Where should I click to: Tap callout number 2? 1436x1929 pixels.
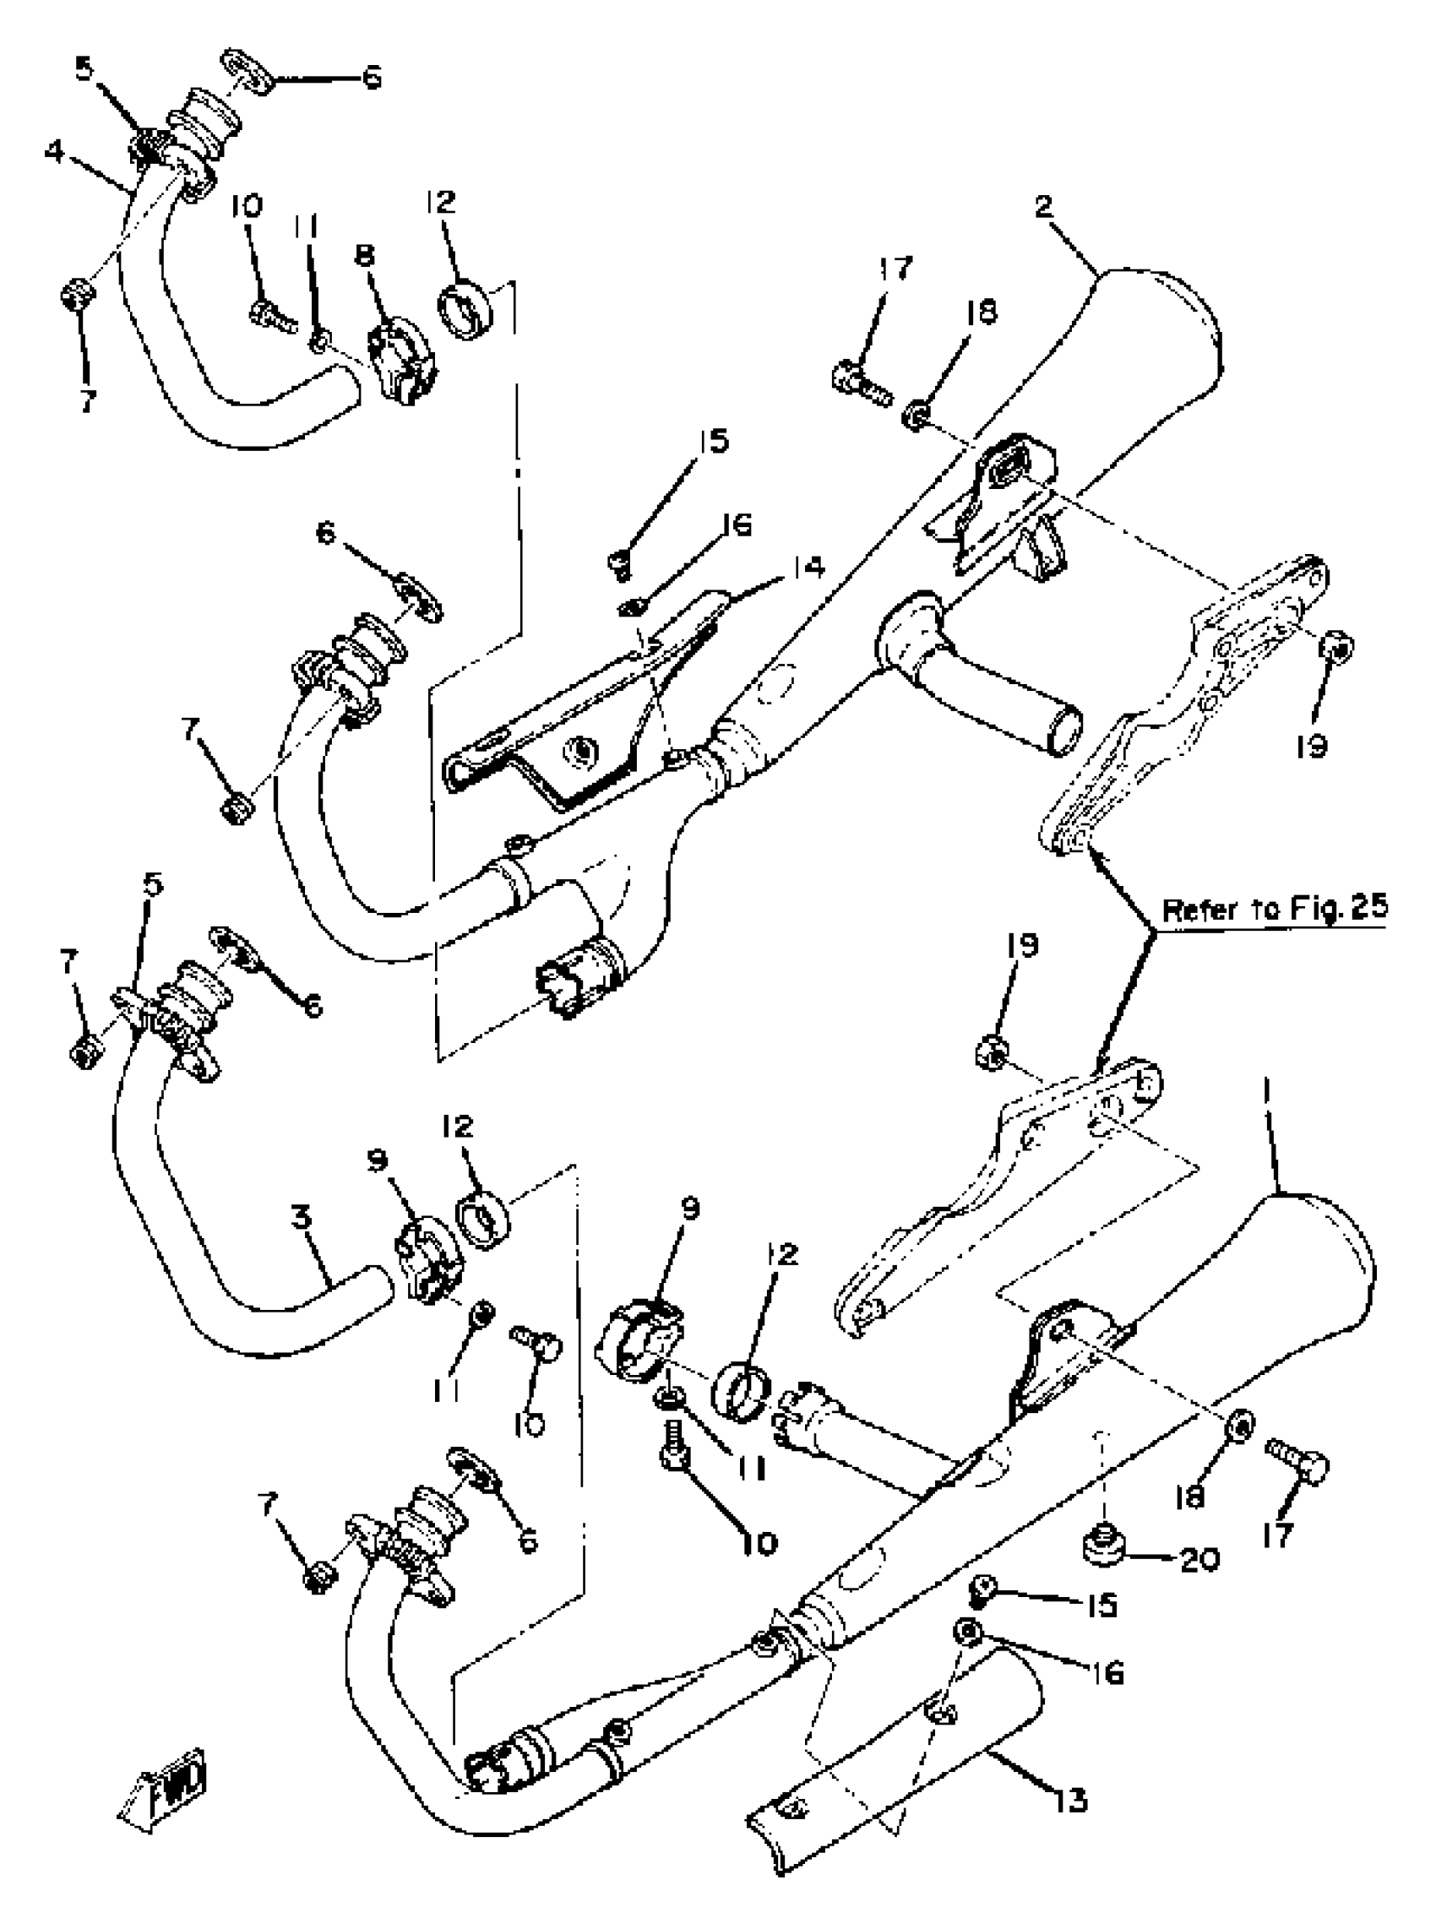tap(1044, 206)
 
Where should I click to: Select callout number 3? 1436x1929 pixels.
tap(301, 1217)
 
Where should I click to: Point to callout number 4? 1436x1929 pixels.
tap(54, 152)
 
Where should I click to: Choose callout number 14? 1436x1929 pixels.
tap(808, 568)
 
